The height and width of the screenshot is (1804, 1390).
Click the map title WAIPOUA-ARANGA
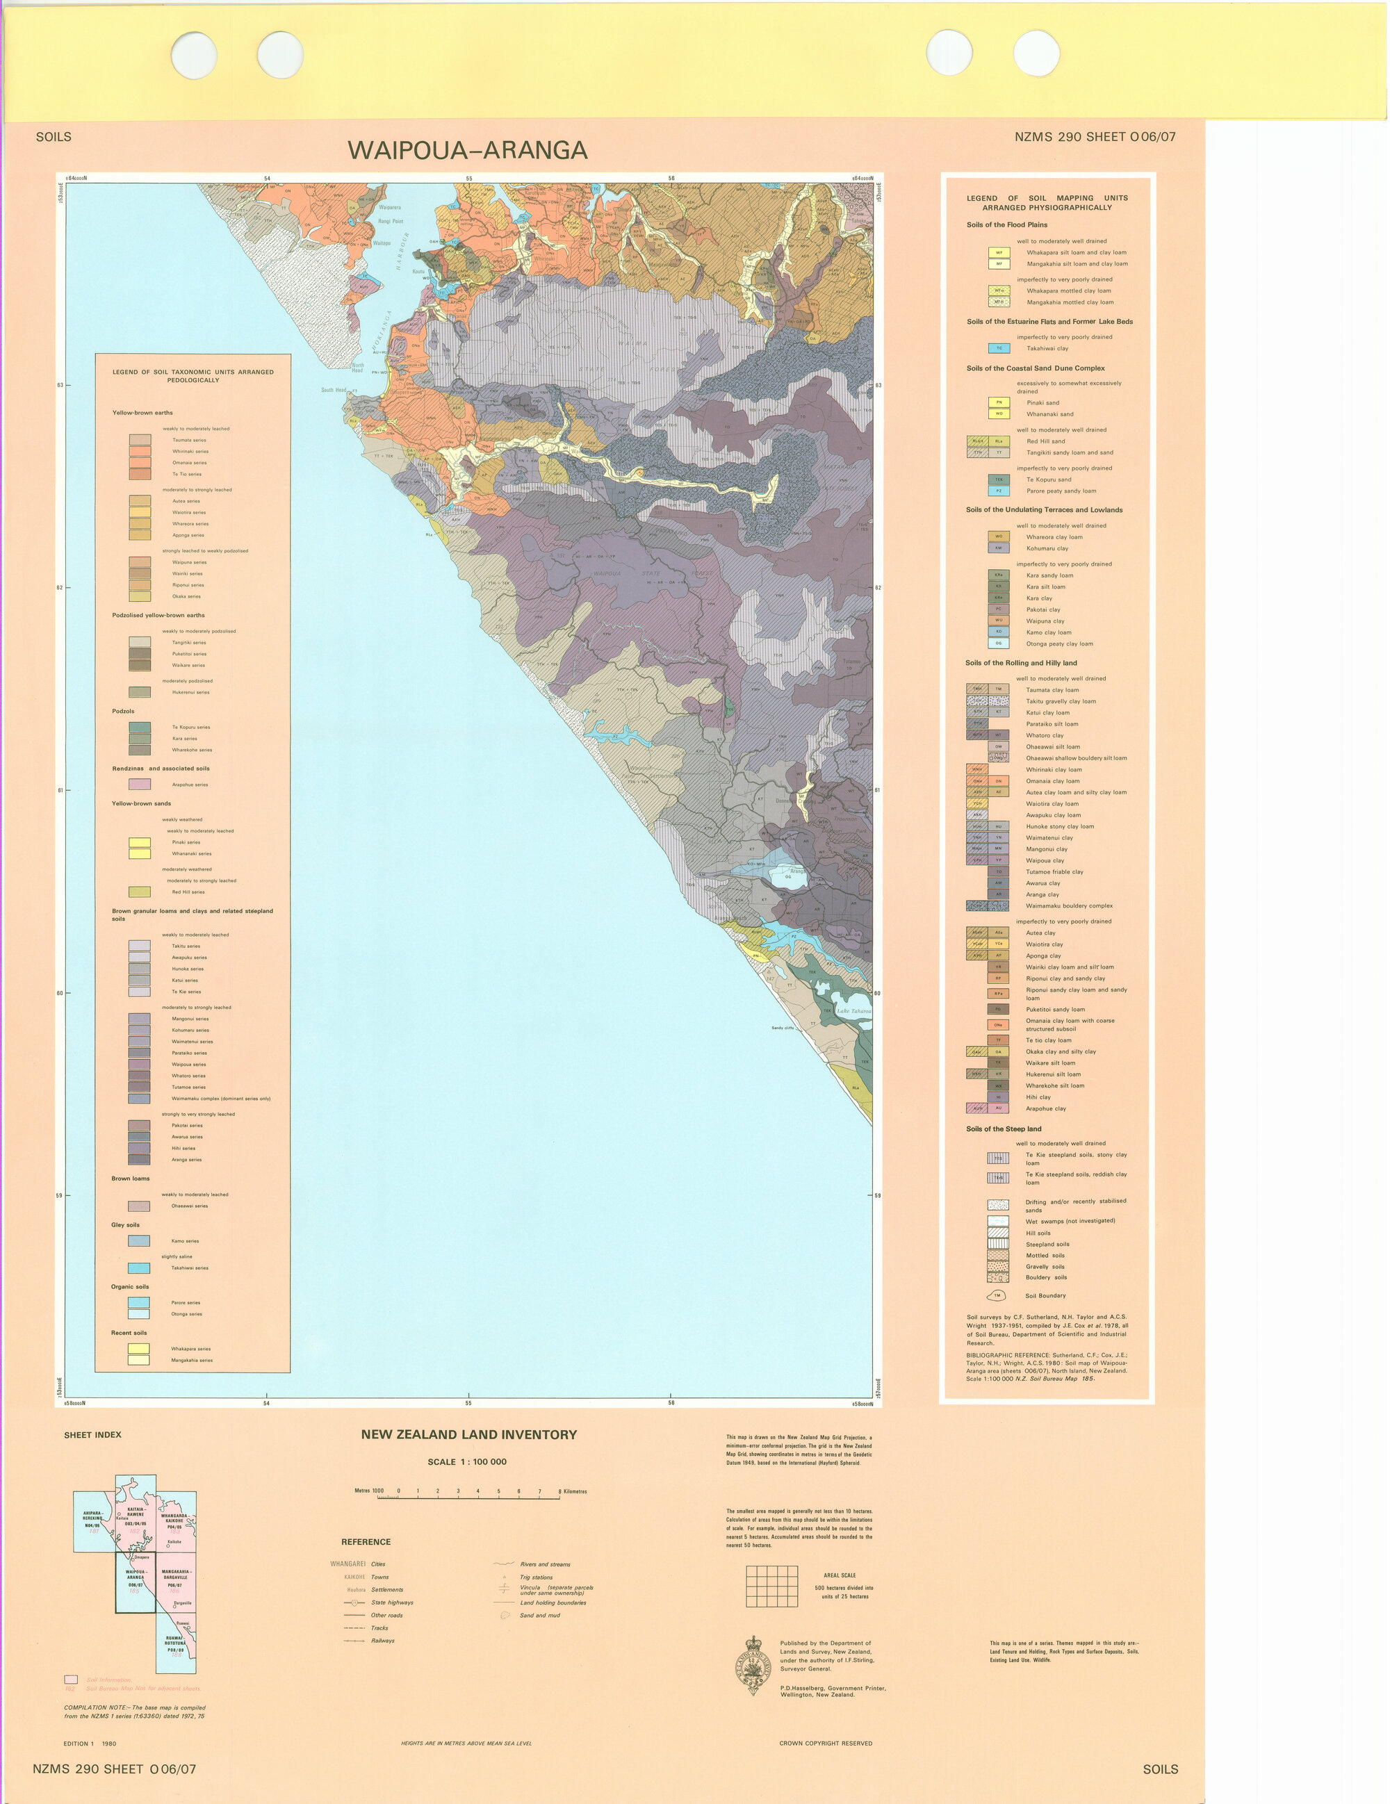[x=468, y=149]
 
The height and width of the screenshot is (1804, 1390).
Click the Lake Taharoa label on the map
[x=853, y=1010]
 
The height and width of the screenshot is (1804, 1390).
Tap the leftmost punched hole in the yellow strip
[x=194, y=56]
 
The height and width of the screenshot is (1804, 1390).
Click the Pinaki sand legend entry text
[x=1042, y=403]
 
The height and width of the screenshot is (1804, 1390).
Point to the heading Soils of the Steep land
[x=1004, y=1129]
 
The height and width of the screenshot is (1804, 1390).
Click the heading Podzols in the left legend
[x=123, y=711]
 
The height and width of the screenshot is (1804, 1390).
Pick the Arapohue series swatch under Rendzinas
[x=139, y=785]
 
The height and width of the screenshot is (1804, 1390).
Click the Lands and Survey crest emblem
[x=753, y=1664]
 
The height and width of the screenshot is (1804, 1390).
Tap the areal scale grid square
[x=771, y=1586]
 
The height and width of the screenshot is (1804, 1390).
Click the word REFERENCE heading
[x=366, y=1542]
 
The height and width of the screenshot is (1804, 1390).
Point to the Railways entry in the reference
[x=382, y=1641]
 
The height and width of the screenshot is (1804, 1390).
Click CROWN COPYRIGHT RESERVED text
[x=825, y=1744]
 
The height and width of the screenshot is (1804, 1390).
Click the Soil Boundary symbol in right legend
[x=997, y=1295]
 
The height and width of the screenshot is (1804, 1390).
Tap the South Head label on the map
[x=334, y=390]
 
